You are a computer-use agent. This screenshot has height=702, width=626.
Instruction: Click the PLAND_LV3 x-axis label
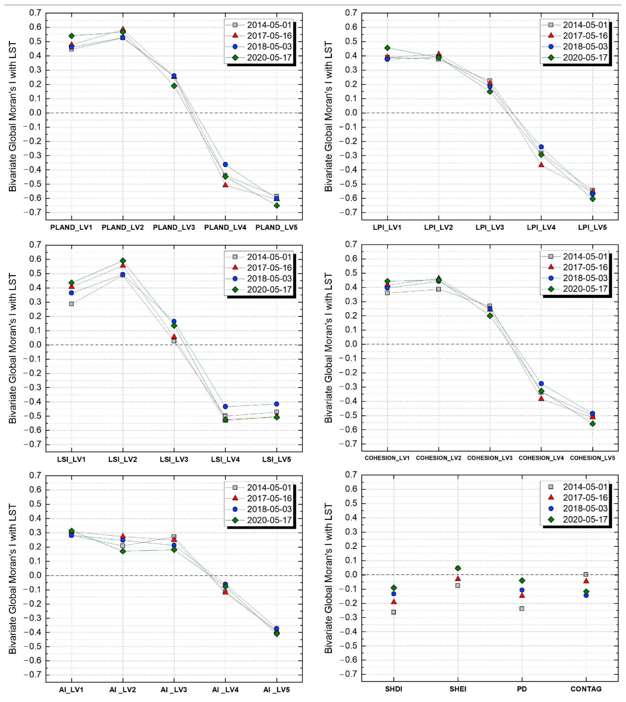pyautogui.click(x=174, y=227)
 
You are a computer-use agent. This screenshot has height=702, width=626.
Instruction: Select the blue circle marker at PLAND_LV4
pyautogui.click(x=225, y=165)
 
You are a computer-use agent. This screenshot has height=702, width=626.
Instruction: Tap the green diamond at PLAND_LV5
pyautogui.click(x=277, y=206)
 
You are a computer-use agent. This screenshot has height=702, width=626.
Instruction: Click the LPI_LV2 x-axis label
pyautogui.click(x=438, y=227)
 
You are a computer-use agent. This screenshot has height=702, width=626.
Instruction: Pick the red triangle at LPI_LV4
pyautogui.click(x=541, y=165)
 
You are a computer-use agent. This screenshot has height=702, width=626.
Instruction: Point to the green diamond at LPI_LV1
pyautogui.click(x=387, y=48)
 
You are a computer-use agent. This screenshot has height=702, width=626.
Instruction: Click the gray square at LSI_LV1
pyautogui.click(x=71, y=304)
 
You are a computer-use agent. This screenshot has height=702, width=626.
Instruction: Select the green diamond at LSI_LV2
pyautogui.click(x=123, y=261)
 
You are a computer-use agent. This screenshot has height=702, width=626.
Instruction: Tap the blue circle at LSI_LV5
pyautogui.click(x=277, y=404)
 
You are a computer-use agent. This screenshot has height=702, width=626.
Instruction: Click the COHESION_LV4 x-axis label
pyautogui.click(x=541, y=458)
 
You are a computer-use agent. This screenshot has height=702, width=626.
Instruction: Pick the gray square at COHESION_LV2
pyautogui.click(x=439, y=289)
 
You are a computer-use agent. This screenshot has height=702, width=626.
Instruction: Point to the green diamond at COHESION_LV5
pyautogui.click(x=592, y=424)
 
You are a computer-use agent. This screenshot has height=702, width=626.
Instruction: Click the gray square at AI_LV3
pyautogui.click(x=174, y=537)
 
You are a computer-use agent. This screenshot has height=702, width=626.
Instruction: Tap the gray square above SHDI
pyautogui.click(x=394, y=612)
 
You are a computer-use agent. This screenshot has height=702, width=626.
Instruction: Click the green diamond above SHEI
pyautogui.click(x=458, y=568)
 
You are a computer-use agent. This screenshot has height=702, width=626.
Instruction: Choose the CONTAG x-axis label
pyautogui.click(x=586, y=689)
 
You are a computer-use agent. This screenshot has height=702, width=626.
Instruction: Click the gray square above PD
pyautogui.click(x=522, y=608)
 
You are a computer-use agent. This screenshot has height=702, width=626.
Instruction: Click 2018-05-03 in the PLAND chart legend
pyautogui.click(x=269, y=47)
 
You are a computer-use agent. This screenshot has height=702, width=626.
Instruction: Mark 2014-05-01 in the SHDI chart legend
pyautogui.click(x=585, y=487)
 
